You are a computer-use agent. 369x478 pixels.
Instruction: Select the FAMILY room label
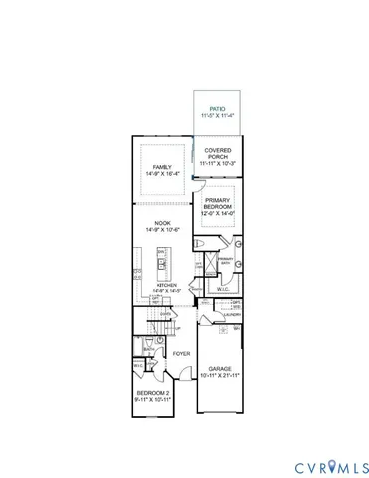pyautogui.click(x=162, y=166)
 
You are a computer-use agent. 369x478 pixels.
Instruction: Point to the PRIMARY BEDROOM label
pyautogui.click(x=219, y=202)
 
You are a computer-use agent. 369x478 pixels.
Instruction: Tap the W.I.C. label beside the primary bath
pyautogui.click(x=224, y=291)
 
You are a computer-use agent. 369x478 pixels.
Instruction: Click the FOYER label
pyautogui.click(x=181, y=354)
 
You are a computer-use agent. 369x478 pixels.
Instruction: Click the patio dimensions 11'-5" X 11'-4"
pyautogui.click(x=218, y=116)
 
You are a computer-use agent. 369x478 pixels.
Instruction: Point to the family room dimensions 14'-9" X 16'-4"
pyautogui.click(x=162, y=174)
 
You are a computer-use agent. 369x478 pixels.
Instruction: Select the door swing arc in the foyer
pyautogui.click(x=173, y=375)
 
